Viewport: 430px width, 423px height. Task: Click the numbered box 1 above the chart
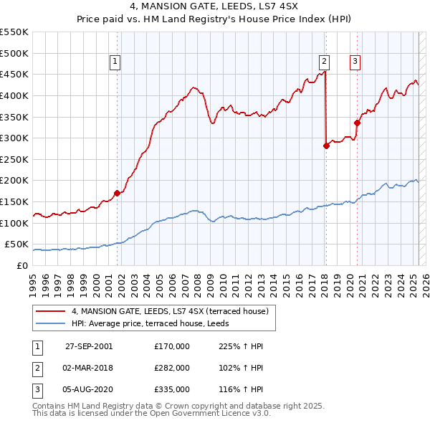(x=115, y=62)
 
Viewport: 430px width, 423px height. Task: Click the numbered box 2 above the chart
(x=325, y=62)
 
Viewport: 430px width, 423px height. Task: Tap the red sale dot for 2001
(x=117, y=193)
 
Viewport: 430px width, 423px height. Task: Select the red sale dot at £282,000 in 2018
(x=326, y=146)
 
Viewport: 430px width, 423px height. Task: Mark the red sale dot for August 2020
(x=357, y=123)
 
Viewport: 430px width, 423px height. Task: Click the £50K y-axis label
(x=17, y=244)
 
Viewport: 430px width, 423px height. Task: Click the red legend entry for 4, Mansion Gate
(x=170, y=311)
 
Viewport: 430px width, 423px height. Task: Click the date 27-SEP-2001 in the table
(x=88, y=346)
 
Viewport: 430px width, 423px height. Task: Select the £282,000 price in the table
(x=172, y=368)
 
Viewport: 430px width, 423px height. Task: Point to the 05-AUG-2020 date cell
(x=88, y=389)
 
